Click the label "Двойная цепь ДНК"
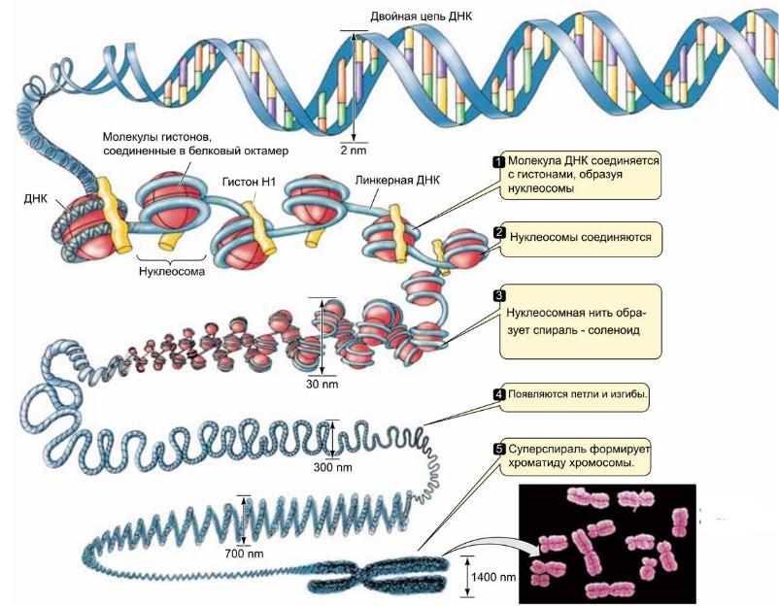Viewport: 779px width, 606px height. [420, 17]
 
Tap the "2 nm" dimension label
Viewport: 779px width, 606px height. [354, 152]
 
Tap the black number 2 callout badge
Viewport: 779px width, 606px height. [499, 234]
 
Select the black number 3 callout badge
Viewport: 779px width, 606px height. [499, 295]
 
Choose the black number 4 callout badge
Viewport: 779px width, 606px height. [499, 395]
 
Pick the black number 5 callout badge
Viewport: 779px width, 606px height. [499, 450]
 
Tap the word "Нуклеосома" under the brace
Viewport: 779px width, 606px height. [171, 273]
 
